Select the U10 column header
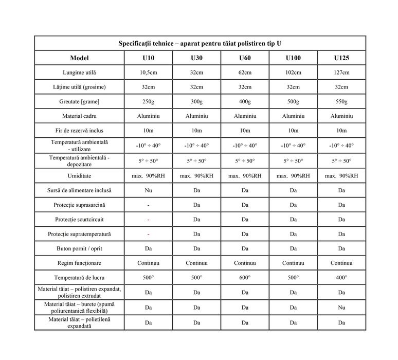tap(148, 58)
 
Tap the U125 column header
tap(341, 58)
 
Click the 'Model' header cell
tap(79, 58)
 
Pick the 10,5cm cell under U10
tap(148, 73)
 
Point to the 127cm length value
tap(341, 73)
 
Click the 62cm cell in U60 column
tap(245, 73)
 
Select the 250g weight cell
tap(148, 102)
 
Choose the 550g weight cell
tap(341, 102)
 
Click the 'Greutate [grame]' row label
tap(79, 102)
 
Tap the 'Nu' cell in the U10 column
tap(148, 190)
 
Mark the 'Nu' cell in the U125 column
tap(341, 308)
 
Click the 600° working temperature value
tap(245, 278)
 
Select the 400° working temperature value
tap(341, 278)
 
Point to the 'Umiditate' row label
tap(79, 175)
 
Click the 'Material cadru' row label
tap(79, 116)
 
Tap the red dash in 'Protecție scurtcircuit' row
tap(148, 220)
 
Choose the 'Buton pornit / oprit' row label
tap(79, 248)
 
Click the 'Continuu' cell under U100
tap(293, 263)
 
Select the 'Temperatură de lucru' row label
tap(79, 278)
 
